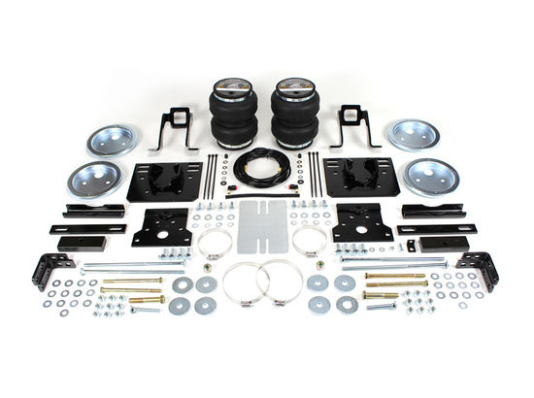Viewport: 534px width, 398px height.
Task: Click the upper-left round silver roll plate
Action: coord(113,139)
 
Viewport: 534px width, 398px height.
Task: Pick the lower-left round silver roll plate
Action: coord(94,179)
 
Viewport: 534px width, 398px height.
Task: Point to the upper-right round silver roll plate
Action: coord(414,135)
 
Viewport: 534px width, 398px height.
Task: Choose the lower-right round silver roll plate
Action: coord(431,177)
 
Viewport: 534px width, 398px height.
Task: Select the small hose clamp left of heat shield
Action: coord(215,241)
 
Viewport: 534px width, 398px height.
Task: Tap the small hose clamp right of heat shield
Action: coord(311,241)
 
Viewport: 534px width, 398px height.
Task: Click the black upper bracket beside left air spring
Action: coord(175,127)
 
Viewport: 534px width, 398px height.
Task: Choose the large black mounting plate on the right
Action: coord(361,178)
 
